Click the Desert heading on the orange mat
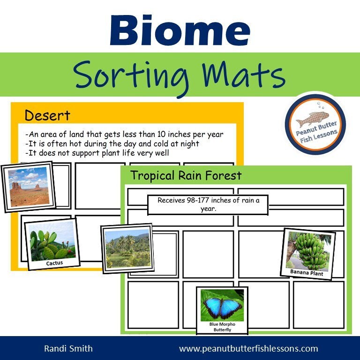point(47,115)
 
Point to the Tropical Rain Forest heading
point(186,175)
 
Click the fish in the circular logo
point(315,120)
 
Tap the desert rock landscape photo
point(29,186)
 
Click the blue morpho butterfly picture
point(222,305)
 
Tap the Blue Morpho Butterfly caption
point(222,327)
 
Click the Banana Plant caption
point(306,273)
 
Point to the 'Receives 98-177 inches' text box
point(208,204)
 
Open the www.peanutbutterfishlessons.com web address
point(248,348)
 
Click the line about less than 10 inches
point(124,135)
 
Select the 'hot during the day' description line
point(112,144)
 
